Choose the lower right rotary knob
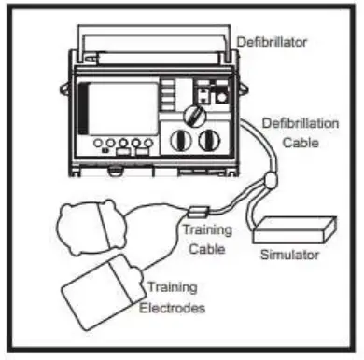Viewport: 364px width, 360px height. tap(211, 144)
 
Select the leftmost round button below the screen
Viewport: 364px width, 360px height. tap(97, 146)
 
